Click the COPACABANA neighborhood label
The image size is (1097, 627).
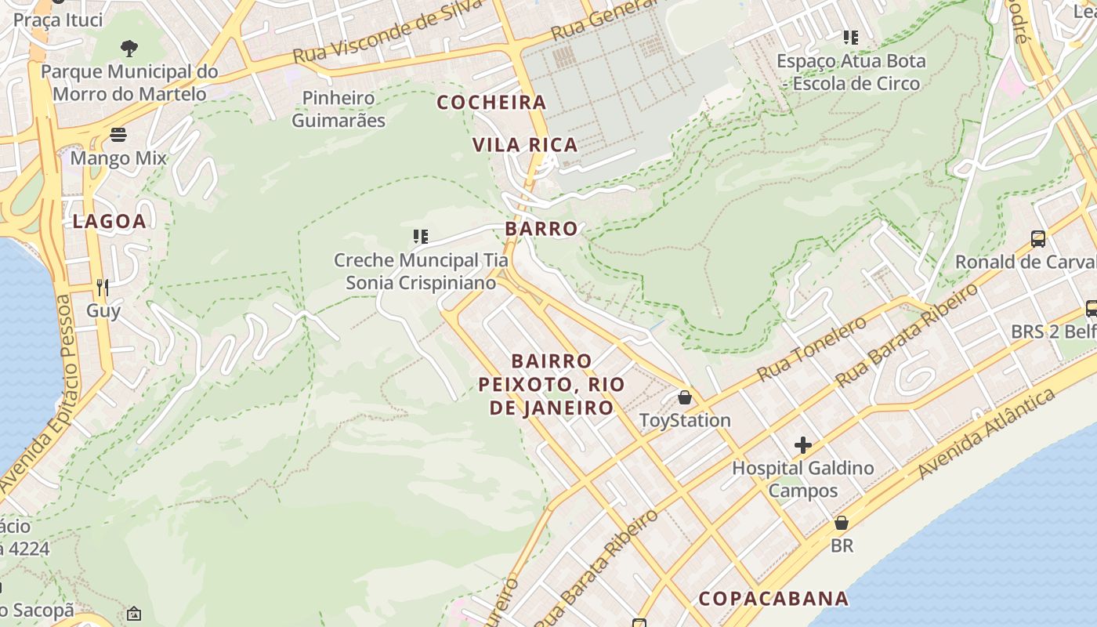tap(773, 599)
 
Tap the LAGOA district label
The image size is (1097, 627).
tap(110, 222)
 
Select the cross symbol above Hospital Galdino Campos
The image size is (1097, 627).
tap(803, 445)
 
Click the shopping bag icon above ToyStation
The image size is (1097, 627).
tap(685, 397)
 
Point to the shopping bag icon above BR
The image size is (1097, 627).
tap(842, 522)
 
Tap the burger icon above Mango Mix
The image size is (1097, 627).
tap(118, 135)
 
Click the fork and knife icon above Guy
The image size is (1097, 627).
tap(102, 287)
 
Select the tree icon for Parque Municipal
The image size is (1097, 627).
tap(129, 49)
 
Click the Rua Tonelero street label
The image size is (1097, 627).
tap(812, 349)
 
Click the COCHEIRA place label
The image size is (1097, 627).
tap(491, 103)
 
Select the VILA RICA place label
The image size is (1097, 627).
tap(525, 145)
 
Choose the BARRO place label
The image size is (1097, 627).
tap(541, 229)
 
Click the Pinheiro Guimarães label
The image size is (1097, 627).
tap(339, 109)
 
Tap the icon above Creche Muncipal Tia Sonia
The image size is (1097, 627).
tap(421, 236)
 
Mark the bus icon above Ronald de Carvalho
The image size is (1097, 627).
tap(1038, 239)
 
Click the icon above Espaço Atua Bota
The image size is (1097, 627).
tap(851, 37)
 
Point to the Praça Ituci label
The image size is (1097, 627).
tap(58, 20)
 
